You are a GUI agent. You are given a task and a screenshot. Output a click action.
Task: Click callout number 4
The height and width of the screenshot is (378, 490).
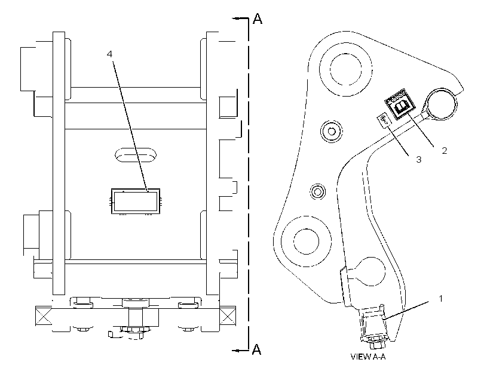click(109, 54)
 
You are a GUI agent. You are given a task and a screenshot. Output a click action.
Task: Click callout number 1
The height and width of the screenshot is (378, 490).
click(440, 299)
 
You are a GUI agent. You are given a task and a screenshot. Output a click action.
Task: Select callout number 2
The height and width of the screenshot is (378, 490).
click(445, 151)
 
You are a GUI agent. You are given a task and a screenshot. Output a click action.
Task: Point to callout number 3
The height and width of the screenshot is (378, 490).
click(418, 160)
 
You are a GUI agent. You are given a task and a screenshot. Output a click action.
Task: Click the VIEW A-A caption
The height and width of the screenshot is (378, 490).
click(368, 357)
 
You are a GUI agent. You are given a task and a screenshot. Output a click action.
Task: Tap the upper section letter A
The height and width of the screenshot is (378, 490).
click(257, 18)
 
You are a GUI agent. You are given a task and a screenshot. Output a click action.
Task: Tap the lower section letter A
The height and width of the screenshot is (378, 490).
click(256, 349)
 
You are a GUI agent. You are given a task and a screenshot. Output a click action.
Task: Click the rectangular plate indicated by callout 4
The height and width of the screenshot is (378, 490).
click(136, 201)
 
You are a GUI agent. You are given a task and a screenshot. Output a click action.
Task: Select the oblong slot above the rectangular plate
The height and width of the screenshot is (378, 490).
click(136, 155)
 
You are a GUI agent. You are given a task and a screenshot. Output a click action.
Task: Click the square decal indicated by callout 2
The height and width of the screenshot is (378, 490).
click(400, 104)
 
